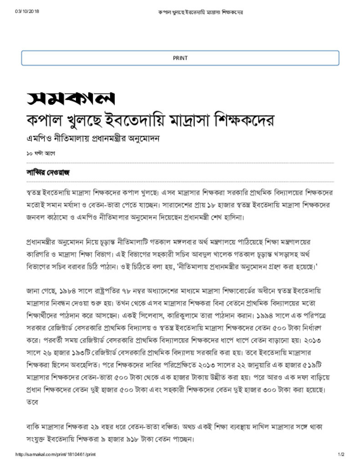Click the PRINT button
click(x=180, y=58)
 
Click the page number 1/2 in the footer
click(x=341, y=455)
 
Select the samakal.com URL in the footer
click(x=56, y=455)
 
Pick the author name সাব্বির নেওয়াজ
click(x=47, y=173)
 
